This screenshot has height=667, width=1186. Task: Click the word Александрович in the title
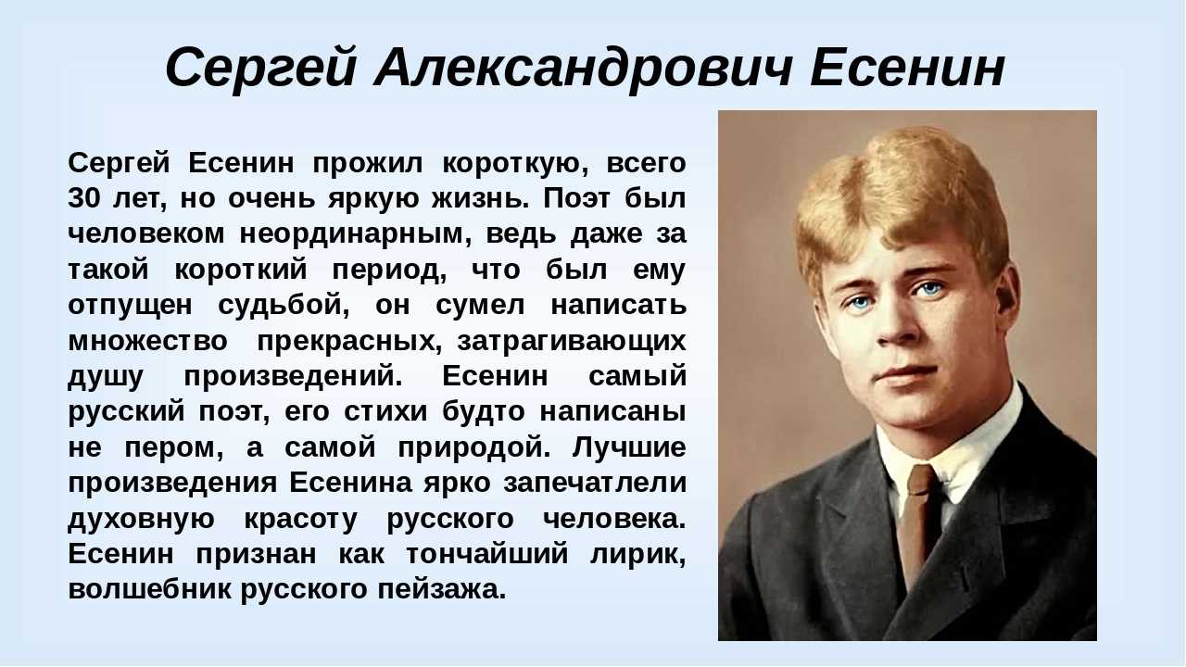click(583, 68)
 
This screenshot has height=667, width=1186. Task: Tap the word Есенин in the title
click(908, 68)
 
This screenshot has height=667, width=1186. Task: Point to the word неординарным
click(349, 233)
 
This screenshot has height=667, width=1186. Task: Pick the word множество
click(147, 340)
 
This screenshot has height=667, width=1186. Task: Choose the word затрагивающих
click(572, 340)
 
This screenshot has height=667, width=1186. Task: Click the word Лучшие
click(629, 447)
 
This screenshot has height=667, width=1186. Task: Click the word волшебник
click(150, 589)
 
